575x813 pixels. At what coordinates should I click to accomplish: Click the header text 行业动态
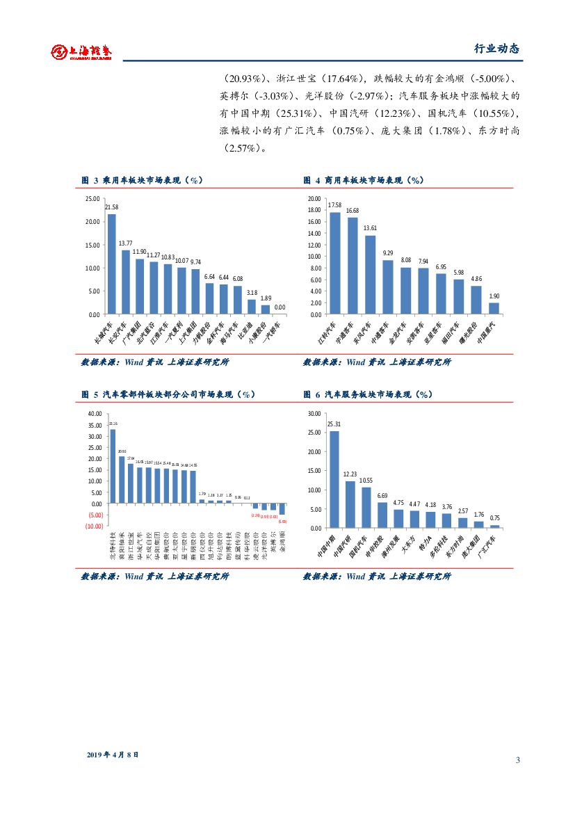pyautogui.click(x=496, y=49)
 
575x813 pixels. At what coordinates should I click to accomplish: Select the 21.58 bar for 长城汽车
pyautogui.click(x=111, y=264)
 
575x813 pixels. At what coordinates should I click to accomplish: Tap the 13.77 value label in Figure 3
pyautogui.click(x=125, y=243)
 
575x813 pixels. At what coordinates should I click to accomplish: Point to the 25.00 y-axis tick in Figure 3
pyautogui.click(x=92, y=199)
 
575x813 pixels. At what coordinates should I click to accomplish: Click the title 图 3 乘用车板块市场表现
pyautogui.click(x=141, y=180)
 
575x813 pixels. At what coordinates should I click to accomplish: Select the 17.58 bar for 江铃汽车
pyautogui.click(x=335, y=263)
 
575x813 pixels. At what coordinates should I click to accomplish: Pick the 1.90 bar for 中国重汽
pyautogui.click(x=494, y=308)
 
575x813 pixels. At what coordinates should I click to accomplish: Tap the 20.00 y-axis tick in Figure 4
pyautogui.click(x=314, y=199)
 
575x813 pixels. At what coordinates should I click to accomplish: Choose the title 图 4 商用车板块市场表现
pyautogui.click(x=364, y=180)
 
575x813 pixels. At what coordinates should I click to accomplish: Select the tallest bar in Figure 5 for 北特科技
pyautogui.click(x=113, y=466)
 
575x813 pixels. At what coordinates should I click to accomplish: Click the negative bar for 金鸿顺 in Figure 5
pyautogui.click(x=282, y=509)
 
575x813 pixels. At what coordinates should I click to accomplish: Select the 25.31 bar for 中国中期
pyautogui.click(x=334, y=479)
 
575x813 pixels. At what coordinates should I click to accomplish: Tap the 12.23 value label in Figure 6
pyautogui.click(x=350, y=474)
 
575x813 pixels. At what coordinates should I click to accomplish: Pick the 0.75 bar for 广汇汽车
pyautogui.click(x=494, y=526)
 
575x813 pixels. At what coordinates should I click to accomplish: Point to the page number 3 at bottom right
pyautogui.click(x=517, y=759)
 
